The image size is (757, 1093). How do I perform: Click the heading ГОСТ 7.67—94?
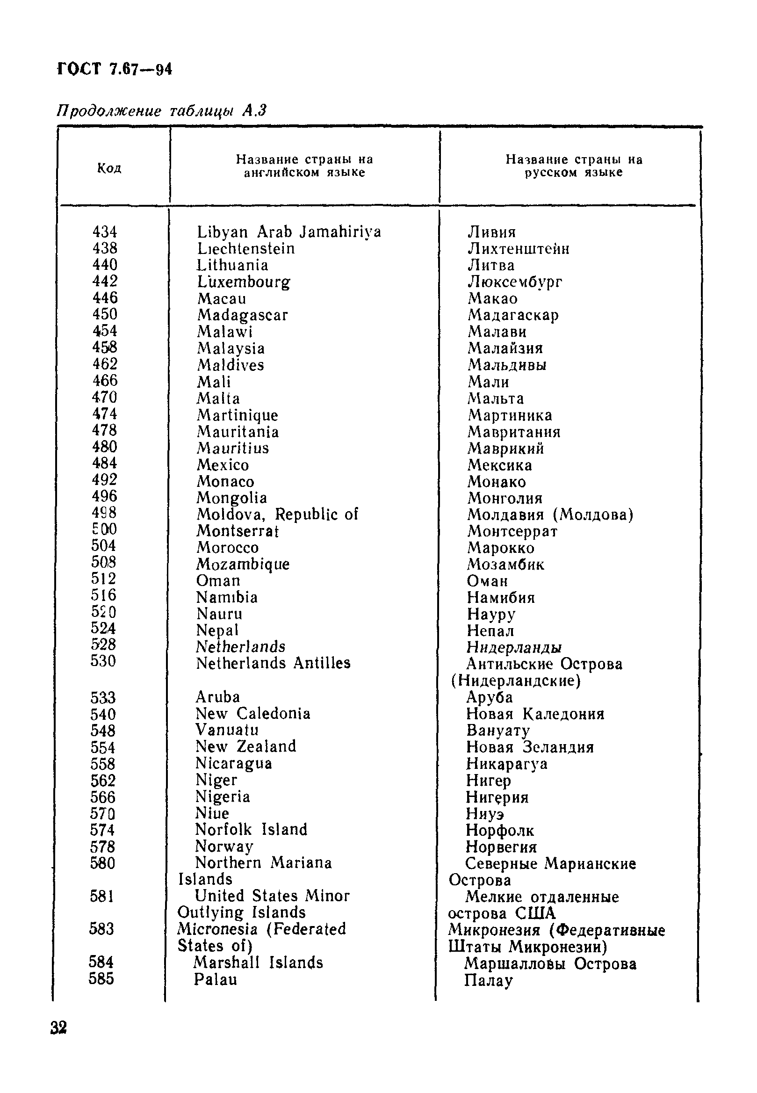click(114, 70)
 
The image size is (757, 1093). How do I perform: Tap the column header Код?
click(109, 168)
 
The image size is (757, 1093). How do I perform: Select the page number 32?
click(58, 1028)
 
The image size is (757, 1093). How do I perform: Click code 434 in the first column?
click(104, 232)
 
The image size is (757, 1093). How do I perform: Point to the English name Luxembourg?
click(243, 282)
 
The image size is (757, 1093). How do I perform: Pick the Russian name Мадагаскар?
click(513, 315)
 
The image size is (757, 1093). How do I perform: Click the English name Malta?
click(218, 398)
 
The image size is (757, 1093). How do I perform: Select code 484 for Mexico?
click(104, 463)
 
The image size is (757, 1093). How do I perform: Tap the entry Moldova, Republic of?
click(277, 514)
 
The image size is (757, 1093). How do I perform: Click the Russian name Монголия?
click(505, 498)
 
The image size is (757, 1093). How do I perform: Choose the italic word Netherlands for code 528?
click(240, 647)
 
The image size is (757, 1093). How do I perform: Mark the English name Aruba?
click(218, 697)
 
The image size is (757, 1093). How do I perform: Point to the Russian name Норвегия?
click(501, 847)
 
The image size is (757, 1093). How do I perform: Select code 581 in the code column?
click(102, 896)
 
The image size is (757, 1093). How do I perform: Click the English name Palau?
click(215, 979)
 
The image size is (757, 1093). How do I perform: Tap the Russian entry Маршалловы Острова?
click(550, 963)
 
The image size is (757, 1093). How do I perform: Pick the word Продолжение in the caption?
click(108, 111)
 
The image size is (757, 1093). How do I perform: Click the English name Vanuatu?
click(227, 730)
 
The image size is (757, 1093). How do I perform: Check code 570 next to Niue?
click(102, 814)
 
